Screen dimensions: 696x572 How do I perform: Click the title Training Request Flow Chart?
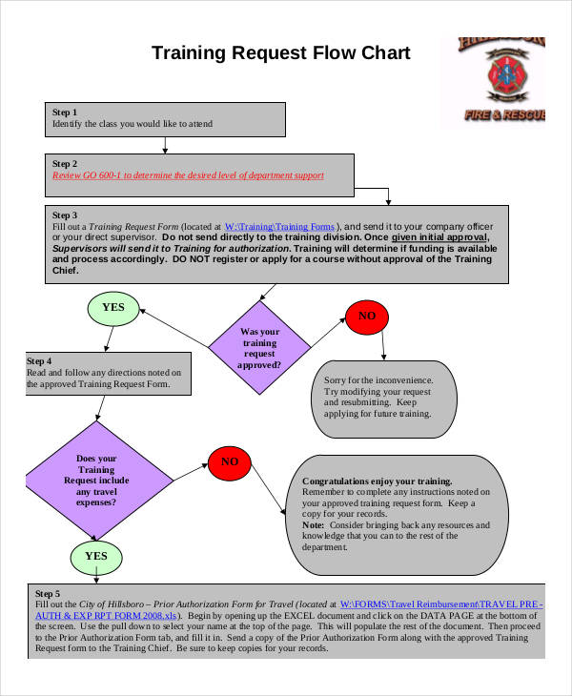point(281,52)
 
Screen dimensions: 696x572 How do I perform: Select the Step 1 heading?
point(65,112)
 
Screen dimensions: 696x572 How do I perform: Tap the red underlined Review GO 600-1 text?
point(188,175)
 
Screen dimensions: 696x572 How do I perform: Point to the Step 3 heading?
point(65,215)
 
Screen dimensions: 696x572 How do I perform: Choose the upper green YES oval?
point(113,307)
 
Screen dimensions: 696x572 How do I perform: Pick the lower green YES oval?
point(96,556)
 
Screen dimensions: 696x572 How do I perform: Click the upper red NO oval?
point(366,316)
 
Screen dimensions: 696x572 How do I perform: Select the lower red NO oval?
point(230,461)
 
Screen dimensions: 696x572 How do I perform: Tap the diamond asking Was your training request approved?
point(260,347)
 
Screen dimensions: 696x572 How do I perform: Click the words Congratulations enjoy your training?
point(377,481)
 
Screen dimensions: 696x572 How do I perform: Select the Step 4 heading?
point(39,361)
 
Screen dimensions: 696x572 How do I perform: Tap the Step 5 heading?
point(48,593)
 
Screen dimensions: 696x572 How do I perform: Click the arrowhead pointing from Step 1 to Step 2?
point(166,149)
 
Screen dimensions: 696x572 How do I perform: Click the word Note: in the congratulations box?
point(314,525)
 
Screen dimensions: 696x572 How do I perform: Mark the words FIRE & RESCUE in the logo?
point(504,115)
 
